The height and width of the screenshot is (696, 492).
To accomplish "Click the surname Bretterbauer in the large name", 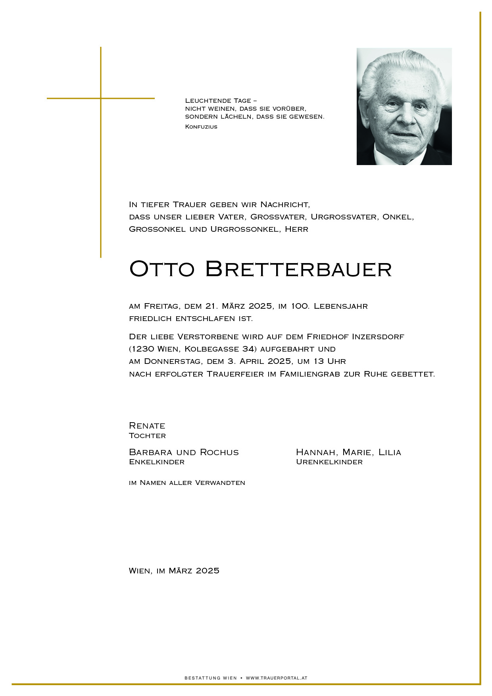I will coord(298,269).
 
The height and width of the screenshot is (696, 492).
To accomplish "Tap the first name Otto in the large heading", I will coord(162,269).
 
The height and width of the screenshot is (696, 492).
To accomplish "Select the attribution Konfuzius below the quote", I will coord(201,127).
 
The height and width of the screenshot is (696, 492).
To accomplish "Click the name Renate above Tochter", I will coord(147,426).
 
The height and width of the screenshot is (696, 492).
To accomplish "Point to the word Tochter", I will coord(147,436).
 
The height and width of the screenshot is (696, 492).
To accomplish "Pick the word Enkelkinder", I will coord(157,462).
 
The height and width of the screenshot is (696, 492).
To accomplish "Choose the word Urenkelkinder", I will coord(329,462).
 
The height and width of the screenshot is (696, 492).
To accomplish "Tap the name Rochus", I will coord(219,452).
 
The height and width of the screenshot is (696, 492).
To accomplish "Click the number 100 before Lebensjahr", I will coord(300,306).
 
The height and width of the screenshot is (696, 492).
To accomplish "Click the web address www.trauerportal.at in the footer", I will coord(277,678).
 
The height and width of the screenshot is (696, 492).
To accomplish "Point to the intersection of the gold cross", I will coord(101,98).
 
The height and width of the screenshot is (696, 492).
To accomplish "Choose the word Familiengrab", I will coord(309,374).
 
